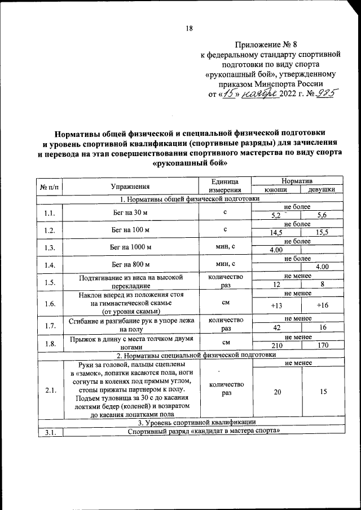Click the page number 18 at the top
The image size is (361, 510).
pos(190,29)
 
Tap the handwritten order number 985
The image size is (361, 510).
pos(324,94)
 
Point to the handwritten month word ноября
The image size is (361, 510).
pos(263,94)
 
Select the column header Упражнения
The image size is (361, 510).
pos(130,186)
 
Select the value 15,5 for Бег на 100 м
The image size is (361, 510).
pos(322,232)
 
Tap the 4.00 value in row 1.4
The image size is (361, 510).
pos(322,267)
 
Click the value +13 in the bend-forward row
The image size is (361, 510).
pos(276,305)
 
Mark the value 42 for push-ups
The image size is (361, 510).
pos(276,327)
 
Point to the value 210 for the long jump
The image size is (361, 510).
pos(276,344)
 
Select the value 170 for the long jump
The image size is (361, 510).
pos(322,344)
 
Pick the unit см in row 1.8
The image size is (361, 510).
pos(225,341)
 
